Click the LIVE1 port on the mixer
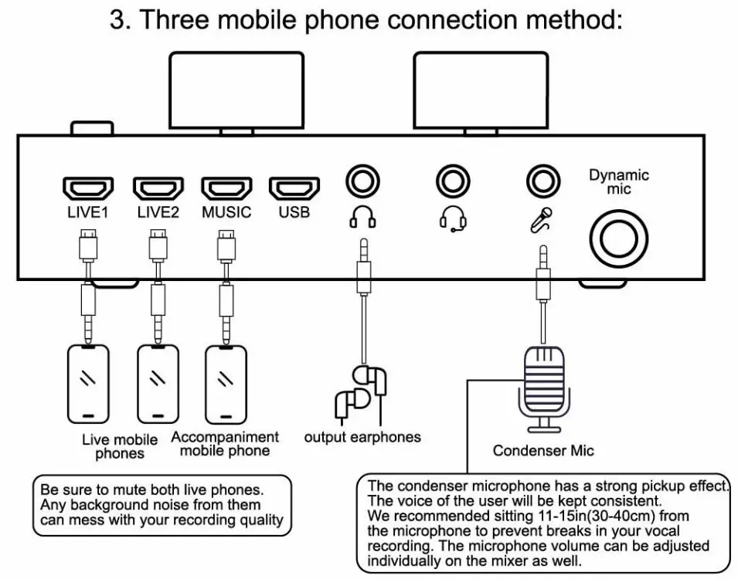click(x=87, y=188)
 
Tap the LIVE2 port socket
click(x=158, y=188)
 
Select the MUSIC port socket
click(x=226, y=188)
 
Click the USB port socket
click(x=294, y=188)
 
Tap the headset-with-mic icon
click(x=452, y=219)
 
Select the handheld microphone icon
click(x=540, y=219)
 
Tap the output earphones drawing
click(x=359, y=393)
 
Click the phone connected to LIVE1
click(x=88, y=384)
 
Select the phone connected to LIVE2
click(x=158, y=384)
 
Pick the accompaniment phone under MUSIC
click(x=226, y=384)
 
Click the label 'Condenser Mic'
click(x=543, y=451)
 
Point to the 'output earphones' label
click(x=362, y=437)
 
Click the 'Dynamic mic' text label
click(x=619, y=181)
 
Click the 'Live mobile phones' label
click(x=120, y=446)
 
